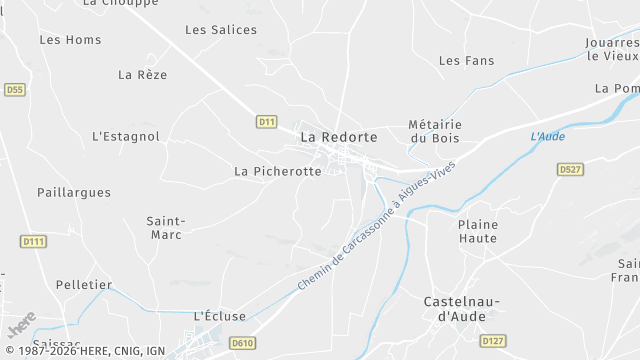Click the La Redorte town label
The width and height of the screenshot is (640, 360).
[339, 137]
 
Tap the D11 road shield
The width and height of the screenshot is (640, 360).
[266, 122]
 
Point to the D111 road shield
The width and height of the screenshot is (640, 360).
[34, 241]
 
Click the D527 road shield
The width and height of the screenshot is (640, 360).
[570, 170]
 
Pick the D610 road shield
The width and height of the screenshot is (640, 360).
[242, 343]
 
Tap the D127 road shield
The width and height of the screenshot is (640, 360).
[492, 341]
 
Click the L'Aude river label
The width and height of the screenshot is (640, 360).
[548, 136]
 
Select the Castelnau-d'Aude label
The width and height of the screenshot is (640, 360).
[461, 309]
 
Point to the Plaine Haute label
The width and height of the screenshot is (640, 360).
[478, 231]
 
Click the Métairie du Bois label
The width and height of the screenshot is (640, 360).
[434, 131]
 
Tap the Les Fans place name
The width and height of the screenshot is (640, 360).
[467, 61]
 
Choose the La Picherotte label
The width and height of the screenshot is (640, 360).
[278, 171]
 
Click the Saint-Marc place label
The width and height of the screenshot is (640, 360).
[165, 228]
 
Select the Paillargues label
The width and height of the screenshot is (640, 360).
[74, 192]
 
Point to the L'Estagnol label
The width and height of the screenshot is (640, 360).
[126, 136]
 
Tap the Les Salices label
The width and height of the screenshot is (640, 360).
[221, 30]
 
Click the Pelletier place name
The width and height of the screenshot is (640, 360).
[84, 285]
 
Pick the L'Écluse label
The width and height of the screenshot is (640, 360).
[219, 316]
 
